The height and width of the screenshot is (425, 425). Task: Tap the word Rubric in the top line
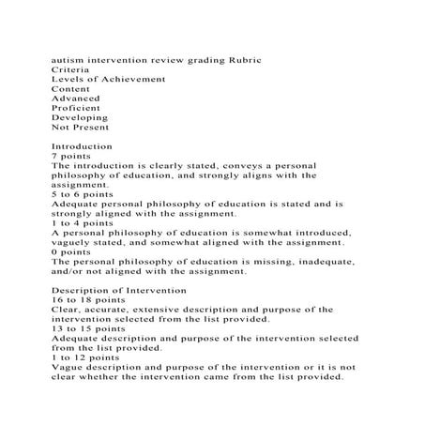coord(243,59)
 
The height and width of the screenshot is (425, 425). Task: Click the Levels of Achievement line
coord(108,80)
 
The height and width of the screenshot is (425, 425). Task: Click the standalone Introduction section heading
coord(82,147)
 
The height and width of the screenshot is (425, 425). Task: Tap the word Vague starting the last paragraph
coord(68,368)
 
